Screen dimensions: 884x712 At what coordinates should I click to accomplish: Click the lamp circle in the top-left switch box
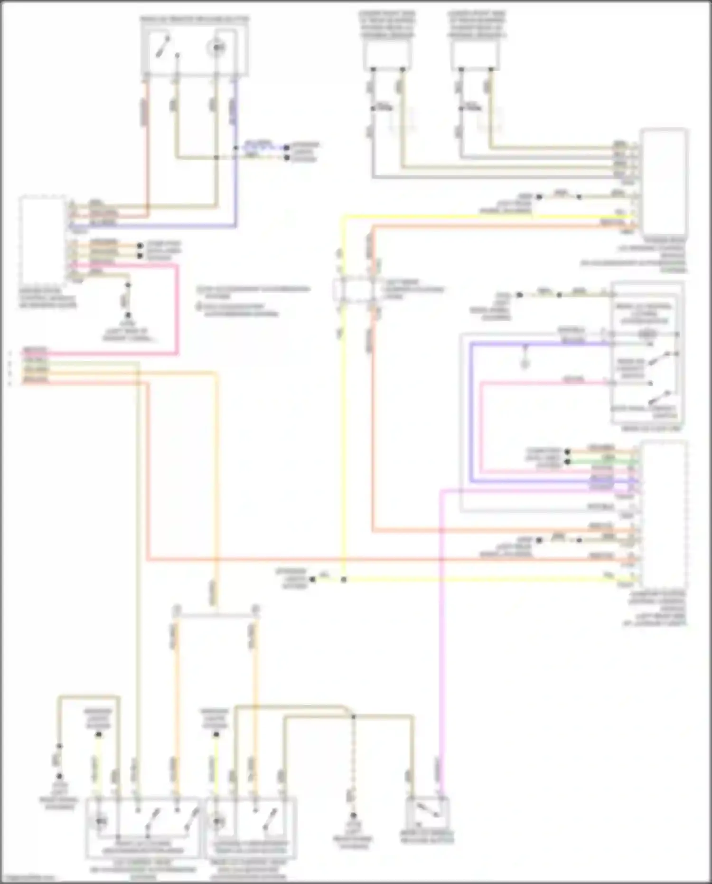217,48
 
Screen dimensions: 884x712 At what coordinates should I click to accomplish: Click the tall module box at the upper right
664,183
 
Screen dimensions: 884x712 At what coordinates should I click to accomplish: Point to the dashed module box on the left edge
43,240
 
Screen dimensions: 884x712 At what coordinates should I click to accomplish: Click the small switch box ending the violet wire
428,814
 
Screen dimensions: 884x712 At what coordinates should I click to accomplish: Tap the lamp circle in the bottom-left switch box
101,820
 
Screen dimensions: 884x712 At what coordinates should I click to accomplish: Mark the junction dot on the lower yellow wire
344,580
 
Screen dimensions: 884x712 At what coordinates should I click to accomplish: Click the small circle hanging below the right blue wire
525,364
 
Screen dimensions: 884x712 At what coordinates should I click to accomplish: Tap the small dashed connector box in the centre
353,290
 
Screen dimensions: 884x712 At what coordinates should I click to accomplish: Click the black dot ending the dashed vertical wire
353,814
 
